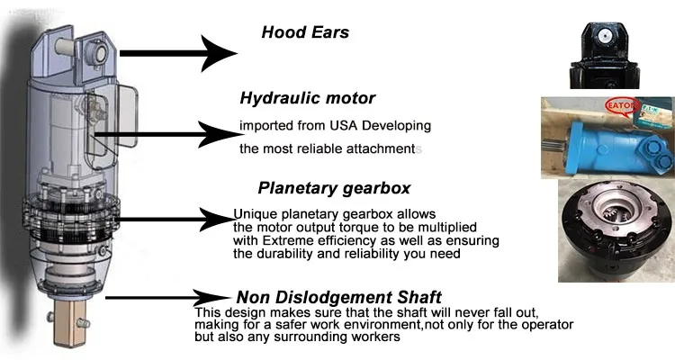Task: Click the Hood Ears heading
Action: click(305, 32)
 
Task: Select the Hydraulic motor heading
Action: click(307, 98)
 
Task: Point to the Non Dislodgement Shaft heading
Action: click(338, 297)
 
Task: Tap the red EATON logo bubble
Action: click(620, 107)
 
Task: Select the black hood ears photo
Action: click(610, 44)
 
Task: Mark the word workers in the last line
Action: click(371, 337)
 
